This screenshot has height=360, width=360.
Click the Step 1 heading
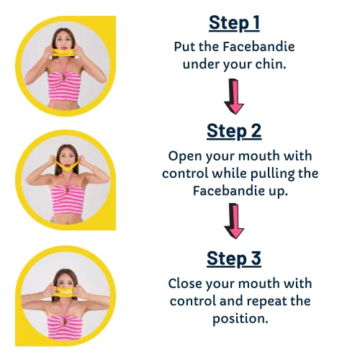point(234,23)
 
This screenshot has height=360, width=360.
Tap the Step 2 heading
point(234,132)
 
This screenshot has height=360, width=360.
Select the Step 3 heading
point(234,259)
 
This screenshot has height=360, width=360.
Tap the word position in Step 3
point(240,319)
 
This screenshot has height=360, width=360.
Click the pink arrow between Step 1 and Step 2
point(234,96)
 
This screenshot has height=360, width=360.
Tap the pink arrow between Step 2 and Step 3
point(234,221)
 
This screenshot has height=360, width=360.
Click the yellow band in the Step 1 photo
point(63,53)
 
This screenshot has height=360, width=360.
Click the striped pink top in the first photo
point(63,87)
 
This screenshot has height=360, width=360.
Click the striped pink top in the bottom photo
point(65,328)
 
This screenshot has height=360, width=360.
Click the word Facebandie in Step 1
point(258,47)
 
